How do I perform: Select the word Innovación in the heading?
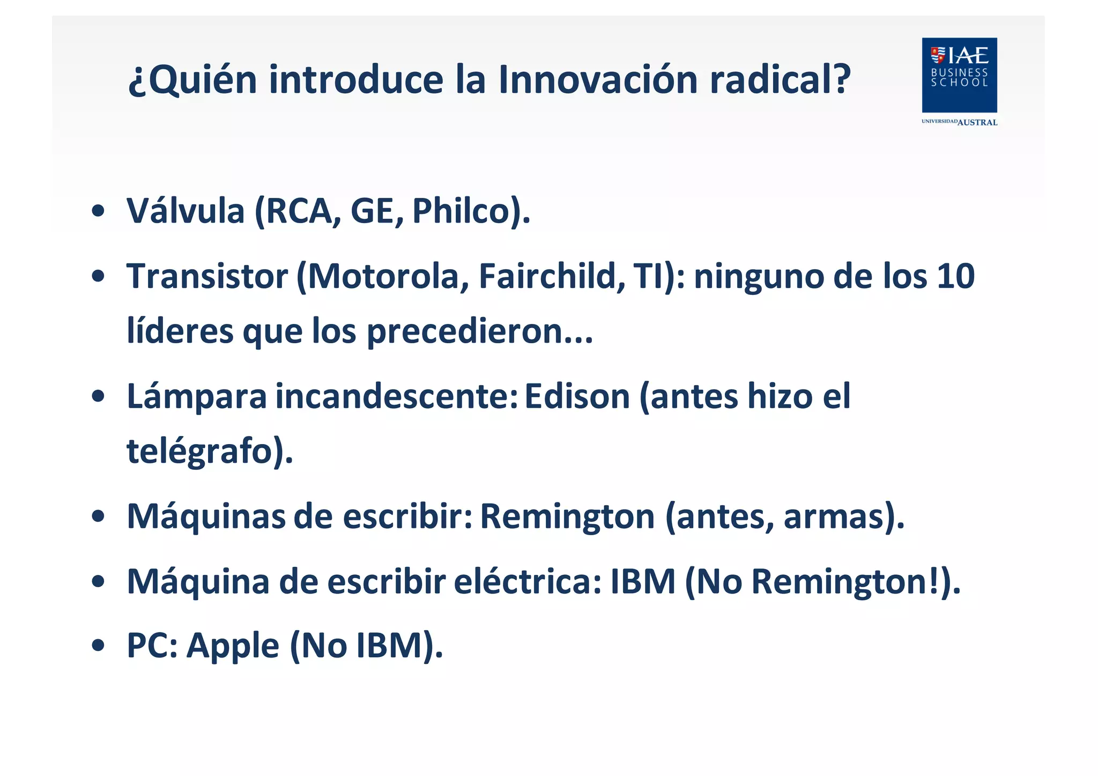point(598,79)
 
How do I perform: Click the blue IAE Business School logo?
point(959,75)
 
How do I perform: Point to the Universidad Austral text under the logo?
point(959,122)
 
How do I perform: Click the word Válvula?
point(186,211)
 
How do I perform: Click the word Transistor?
point(207,277)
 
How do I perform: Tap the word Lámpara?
point(197,397)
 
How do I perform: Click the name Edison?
point(577,397)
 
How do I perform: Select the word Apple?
point(233,646)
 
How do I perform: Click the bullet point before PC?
point(98,646)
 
